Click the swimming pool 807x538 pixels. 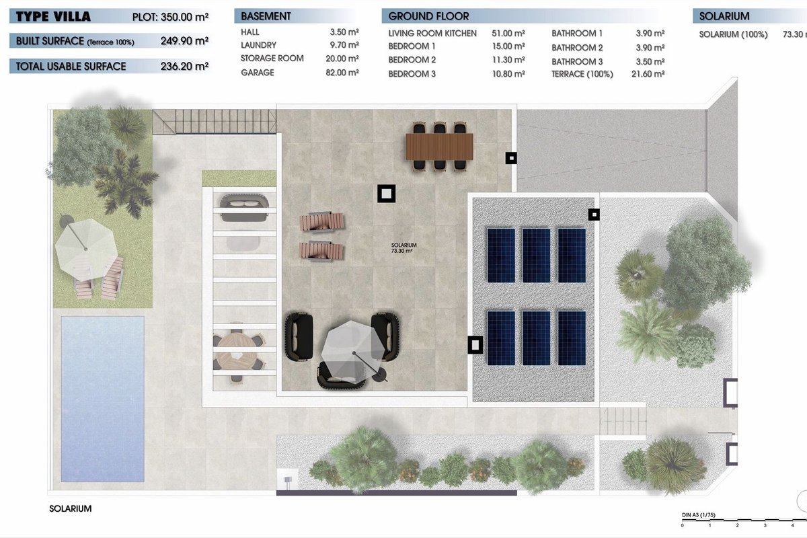pyautogui.click(x=103, y=399)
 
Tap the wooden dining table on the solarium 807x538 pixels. pyautogui.click(x=440, y=147)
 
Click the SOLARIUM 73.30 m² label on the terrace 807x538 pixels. pyautogui.click(x=403, y=247)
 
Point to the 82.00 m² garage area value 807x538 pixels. pyautogui.click(x=342, y=73)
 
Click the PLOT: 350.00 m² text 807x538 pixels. pyautogui.click(x=170, y=17)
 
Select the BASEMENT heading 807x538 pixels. pyautogui.click(x=266, y=16)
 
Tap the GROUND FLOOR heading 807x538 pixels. pyautogui.click(x=428, y=16)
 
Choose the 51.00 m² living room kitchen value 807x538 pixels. pyautogui.click(x=508, y=33)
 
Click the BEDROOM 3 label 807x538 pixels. pyautogui.click(x=412, y=74)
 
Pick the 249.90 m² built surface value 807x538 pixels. pyautogui.click(x=184, y=41)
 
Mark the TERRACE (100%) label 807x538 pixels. pyautogui.click(x=582, y=74)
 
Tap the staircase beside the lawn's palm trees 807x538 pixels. pyautogui.click(x=215, y=122)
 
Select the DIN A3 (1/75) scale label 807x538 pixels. pyautogui.click(x=698, y=515)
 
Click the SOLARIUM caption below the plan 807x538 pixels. pyautogui.click(x=70, y=508)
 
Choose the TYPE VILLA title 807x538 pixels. pyautogui.click(x=53, y=17)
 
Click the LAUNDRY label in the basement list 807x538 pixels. pyautogui.click(x=258, y=45)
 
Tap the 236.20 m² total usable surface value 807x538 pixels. pyautogui.click(x=184, y=67)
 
